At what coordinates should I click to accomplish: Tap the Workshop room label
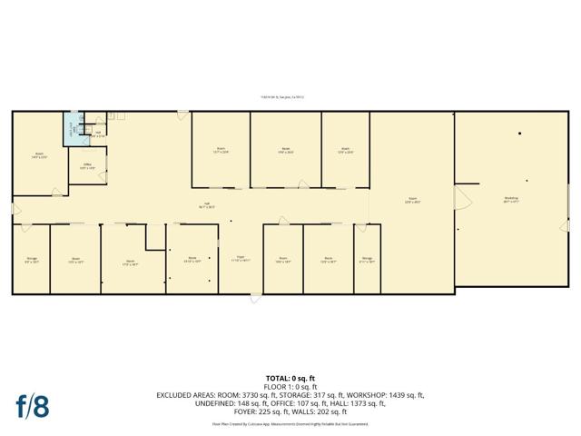pyautogui.click(x=511, y=200)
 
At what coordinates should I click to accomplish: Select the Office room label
pyautogui.click(x=87, y=167)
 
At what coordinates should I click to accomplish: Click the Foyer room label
pyautogui.click(x=242, y=259)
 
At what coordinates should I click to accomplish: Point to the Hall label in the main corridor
pyautogui.click(x=207, y=204)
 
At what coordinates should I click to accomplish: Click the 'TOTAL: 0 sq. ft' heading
pyautogui.click(x=290, y=377)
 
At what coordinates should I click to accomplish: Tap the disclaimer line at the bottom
pyautogui.click(x=290, y=423)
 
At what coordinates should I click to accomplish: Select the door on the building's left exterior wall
pyautogui.click(x=15, y=210)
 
